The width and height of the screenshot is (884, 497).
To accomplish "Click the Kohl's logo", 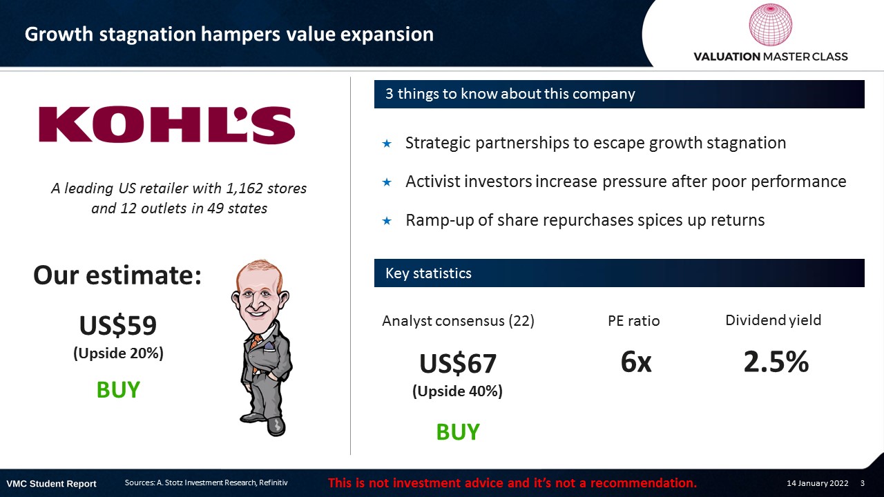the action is (167, 124).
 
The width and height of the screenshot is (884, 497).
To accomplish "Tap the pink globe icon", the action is (770, 25).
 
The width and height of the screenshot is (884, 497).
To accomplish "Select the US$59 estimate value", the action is (118, 325).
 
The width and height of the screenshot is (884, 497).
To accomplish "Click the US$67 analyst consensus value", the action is (458, 363).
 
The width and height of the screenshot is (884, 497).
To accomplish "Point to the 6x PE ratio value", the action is (636, 362).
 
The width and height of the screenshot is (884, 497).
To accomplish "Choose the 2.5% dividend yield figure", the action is (776, 362).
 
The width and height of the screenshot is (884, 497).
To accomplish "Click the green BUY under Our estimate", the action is (118, 390).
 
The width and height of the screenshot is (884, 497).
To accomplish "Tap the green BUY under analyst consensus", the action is (458, 432).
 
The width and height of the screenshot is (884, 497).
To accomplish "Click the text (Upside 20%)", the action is (118, 353).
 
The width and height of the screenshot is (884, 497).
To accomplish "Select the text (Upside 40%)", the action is (457, 391).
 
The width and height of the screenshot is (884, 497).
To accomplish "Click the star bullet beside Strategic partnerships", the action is (387, 144).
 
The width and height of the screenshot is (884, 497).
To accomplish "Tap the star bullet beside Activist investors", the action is (387, 182).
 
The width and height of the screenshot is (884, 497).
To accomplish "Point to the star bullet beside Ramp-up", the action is (387, 221).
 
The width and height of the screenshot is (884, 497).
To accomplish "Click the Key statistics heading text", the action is (428, 273).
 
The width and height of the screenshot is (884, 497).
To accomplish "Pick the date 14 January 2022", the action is (817, 483).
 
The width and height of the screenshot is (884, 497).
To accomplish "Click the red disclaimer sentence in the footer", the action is (512, 483).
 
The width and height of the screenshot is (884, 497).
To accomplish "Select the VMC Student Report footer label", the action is (51, 484).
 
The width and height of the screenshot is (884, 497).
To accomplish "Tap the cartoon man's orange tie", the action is (256, 347).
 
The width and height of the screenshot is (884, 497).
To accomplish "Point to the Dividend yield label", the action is (773, 320).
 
